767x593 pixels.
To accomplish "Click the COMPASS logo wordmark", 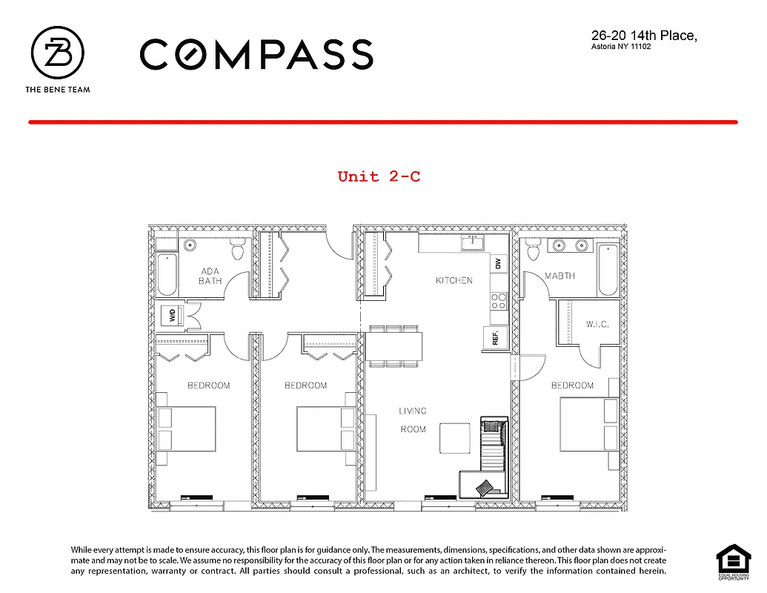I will (x=256, y=55).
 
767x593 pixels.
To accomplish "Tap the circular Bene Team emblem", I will (x=57, y=54).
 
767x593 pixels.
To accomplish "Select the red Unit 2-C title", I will (x=379, y=176).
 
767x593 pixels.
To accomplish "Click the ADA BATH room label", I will (x=210, y=276).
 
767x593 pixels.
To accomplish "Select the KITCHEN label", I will (x=454, y=280).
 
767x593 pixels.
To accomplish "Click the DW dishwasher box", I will (x=499, y=263).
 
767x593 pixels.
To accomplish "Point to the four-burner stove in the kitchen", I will (x=499, y=300).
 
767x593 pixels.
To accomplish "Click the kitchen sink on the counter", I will (x=472, y=243).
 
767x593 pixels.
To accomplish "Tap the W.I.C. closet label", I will (x=597, y=324).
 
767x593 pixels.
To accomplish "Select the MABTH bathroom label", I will (x=560, y=276).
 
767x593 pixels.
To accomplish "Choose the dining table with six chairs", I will (x=394, y=345).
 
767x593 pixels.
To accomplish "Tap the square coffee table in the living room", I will (x=455, y=437).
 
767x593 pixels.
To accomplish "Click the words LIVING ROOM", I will (x=413, y=420).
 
